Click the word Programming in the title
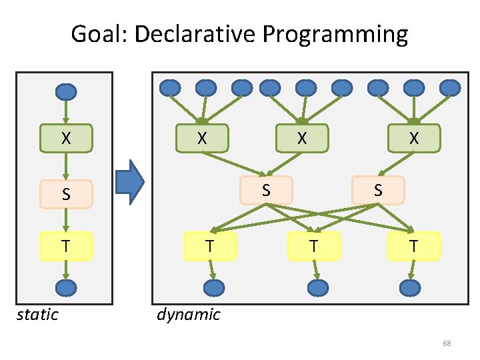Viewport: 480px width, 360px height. coord(335,34)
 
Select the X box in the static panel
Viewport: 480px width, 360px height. coord(65,139)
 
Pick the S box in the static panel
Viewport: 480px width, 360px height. coord(65,195)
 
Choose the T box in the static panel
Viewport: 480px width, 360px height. coord(65,245)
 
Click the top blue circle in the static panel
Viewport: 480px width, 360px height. coord(65,92)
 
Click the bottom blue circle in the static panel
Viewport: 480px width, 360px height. coord(65,287)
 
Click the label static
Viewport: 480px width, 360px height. coord(37,314)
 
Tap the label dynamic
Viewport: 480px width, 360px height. coord(188,314)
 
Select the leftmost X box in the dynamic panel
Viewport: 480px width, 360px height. coord(201,139)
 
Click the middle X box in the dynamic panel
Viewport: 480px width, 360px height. coord(302,139)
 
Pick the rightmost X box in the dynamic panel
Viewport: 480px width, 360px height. coord(414,139)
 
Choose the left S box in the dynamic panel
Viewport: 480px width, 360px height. coord(266,189)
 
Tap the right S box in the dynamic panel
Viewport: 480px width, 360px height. coord(378,189)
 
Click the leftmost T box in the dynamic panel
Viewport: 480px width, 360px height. coord(209,245)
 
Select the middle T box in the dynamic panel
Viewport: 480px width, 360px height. coord(314,246)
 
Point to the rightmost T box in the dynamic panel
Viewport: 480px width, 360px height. coord(414,246)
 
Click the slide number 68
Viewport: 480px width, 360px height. coord(447,343)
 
